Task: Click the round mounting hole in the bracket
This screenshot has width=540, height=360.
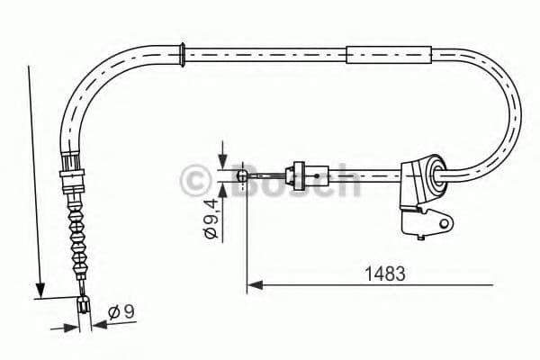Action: pyautogui.click(x=442, y=219)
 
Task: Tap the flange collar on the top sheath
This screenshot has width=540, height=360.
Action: pyautogui.click(x=184, y=53)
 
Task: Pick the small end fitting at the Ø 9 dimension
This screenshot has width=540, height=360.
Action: pyautogui.click(x=84, y=306)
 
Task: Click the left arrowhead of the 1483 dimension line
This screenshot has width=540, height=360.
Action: pyautogui.click(x=253, y=286)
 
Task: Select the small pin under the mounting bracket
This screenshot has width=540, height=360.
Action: pyautogui.click(x=420, y=239)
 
